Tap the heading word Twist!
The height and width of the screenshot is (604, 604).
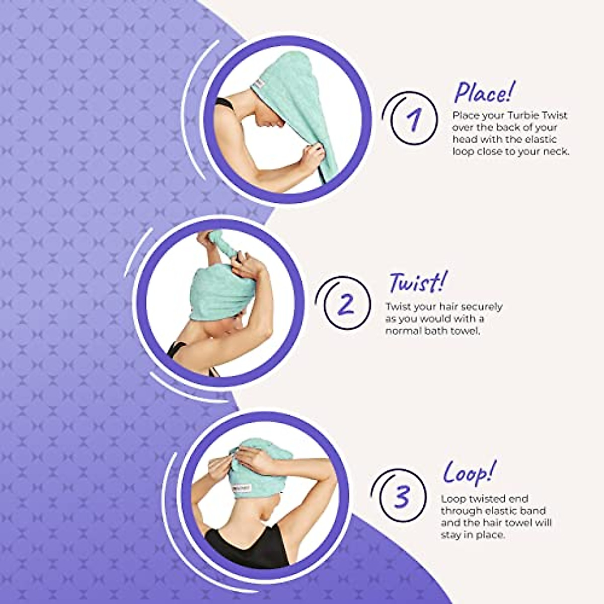tap(417, 283)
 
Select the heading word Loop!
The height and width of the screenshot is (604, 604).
tap(469, 473)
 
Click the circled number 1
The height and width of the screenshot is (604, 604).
tap(414, 120)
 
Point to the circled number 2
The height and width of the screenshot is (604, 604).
tap(347, 304)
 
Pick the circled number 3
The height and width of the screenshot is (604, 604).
tap(401, 497)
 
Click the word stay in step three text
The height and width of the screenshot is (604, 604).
tap(452, 535)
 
